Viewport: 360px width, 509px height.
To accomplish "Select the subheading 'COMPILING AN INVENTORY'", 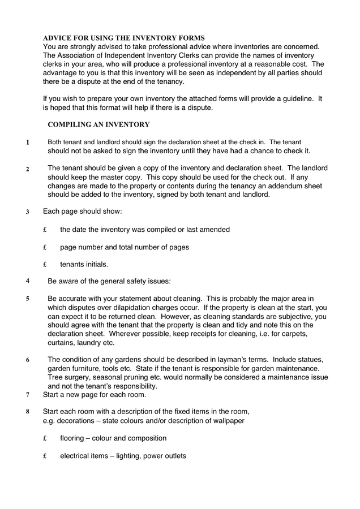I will [x=98, y=124].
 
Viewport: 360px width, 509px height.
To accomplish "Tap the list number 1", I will [x=27, y=143].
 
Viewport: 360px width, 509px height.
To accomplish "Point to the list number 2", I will [x=27, y=169].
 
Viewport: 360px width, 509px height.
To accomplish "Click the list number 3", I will [x=27, y=213].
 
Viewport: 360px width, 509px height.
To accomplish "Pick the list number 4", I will [x=27, y=280].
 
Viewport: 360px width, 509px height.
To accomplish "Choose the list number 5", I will [x=27, y=297].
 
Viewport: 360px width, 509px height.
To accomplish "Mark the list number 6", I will [x=27, y=360].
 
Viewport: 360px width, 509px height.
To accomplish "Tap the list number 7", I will [x=27, y=394].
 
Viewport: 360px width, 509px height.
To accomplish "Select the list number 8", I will [x=27, y=412].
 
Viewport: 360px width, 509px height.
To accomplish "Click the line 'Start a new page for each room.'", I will [x=95, y=394].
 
